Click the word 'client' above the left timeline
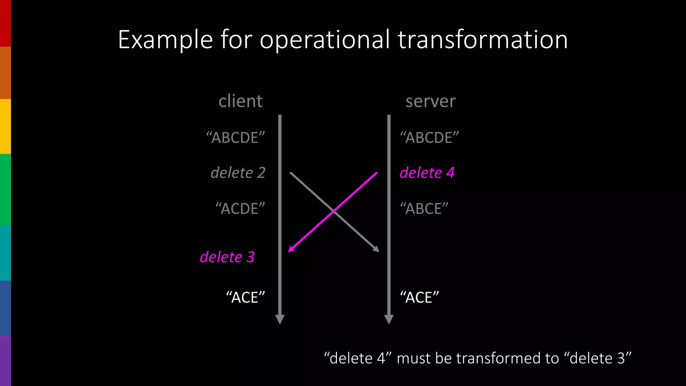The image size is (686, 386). (240, 101)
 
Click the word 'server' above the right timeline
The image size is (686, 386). (430, 101)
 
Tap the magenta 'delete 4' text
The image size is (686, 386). (427, 173)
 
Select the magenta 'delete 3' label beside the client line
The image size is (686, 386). (227, 257)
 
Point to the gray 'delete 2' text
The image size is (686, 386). (238, 173)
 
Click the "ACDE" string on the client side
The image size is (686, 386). (240, 209)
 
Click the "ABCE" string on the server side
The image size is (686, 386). (424, 209)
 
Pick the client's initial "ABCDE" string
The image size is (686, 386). (235, 138)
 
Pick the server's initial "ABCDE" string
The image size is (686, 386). (429, 138)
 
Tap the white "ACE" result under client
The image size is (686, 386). (246, 298)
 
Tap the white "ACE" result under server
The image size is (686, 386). (419, 298)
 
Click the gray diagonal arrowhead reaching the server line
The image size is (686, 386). (376, 249)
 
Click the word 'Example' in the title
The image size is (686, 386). (165, 40)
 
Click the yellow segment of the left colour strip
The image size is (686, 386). (5, 126)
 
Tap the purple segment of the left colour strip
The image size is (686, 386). (5, 361)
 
